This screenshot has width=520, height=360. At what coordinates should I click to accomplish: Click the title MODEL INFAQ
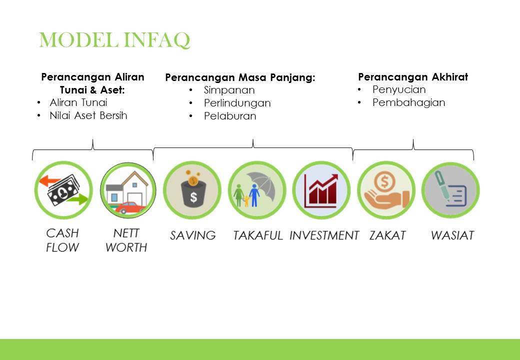pos(114,40)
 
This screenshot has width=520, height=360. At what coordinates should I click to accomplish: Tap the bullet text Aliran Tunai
pos(78,102)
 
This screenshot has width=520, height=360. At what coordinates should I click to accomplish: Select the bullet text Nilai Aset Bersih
pos(88,115)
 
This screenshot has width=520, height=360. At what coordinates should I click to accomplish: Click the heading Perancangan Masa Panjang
pos(240,78)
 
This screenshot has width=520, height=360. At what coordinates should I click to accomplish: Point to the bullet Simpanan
pos(229,90)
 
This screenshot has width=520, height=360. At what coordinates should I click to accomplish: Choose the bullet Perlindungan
pos(237,103)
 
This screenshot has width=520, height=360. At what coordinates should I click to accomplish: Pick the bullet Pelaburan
pos(230,115)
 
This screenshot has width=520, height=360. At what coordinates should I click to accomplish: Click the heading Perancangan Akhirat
pos(413,77)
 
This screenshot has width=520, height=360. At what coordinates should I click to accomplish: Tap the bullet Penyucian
pos(399,89)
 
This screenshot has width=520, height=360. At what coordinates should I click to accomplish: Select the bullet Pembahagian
pos(408,102)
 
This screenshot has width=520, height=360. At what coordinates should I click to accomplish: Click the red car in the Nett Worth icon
pos(129,208)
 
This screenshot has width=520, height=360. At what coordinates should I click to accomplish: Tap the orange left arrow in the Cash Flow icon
pos(49,181)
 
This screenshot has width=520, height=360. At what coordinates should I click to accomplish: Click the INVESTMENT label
pos(324,235)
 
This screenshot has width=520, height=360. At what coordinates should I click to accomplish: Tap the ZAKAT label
pos(387,235)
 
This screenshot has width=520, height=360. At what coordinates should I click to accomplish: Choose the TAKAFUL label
pos(257,235)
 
